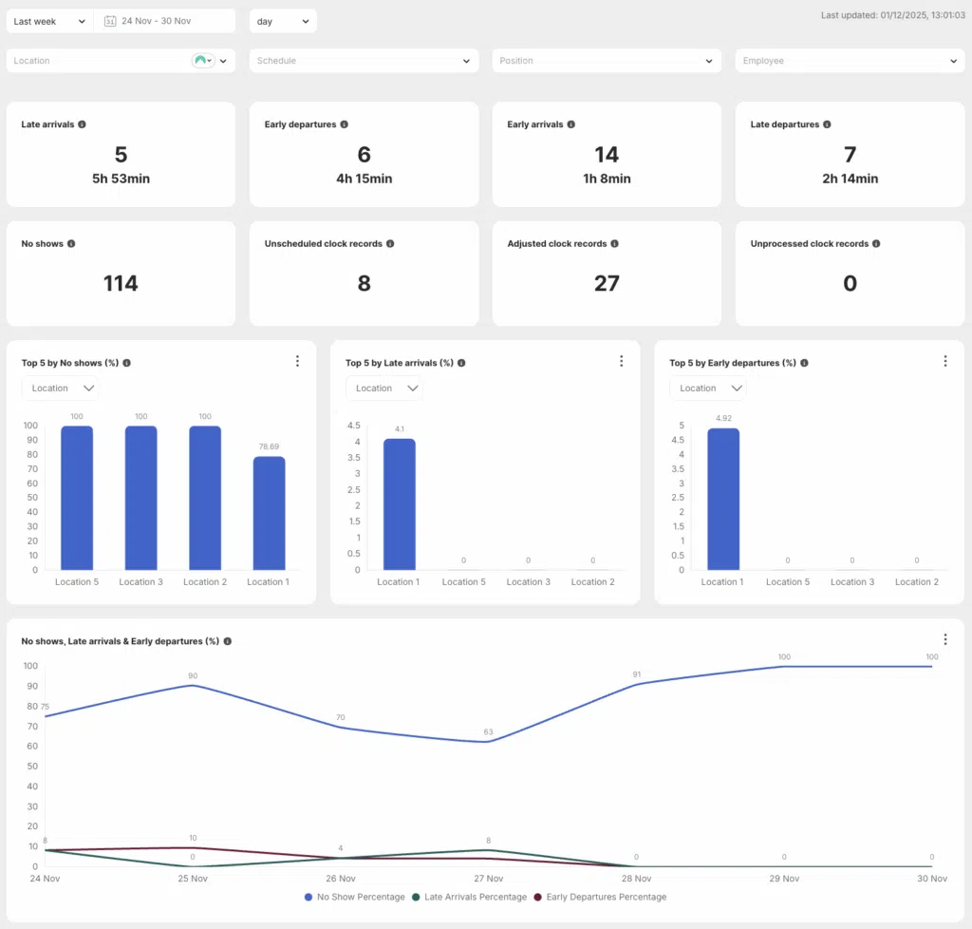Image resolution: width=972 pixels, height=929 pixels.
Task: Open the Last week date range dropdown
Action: click(49, 21)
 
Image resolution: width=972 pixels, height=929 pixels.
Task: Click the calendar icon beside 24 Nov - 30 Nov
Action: click(110, 21)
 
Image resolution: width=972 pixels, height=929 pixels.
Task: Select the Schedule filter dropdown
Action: click(364, 61)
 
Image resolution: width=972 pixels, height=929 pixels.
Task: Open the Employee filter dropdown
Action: click(850, 61)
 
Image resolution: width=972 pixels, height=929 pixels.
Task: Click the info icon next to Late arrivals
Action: click(82, 124)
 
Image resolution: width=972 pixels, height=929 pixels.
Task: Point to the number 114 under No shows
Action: click(121, 283)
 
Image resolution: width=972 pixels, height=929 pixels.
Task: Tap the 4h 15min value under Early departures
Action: click(364, 179)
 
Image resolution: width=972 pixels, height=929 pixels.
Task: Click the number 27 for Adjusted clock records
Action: click(607, 283)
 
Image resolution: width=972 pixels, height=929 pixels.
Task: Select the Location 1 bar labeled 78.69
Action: click(269, 513)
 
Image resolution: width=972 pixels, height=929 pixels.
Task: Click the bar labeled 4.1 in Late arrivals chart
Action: click(400, 504)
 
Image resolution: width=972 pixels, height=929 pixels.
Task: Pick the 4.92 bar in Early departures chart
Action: click(723, 500)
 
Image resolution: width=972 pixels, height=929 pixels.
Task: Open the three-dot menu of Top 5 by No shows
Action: click(297, 361)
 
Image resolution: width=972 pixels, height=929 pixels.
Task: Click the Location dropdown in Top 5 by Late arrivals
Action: click(384, 389)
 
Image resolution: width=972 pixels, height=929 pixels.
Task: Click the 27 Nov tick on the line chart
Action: click(489, 878)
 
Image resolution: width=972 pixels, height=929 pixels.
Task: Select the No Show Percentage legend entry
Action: click(355, 897)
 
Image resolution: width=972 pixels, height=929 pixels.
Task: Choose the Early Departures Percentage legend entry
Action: click(600, 897)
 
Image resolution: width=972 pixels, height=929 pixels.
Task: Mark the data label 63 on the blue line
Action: click(489, 731)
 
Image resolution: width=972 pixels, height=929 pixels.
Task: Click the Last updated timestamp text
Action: click(892, 15)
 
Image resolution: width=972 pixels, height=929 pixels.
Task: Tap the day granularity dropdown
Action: click(283, 21)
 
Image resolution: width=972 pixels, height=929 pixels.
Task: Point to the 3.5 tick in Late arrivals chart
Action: click(353, 458)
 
